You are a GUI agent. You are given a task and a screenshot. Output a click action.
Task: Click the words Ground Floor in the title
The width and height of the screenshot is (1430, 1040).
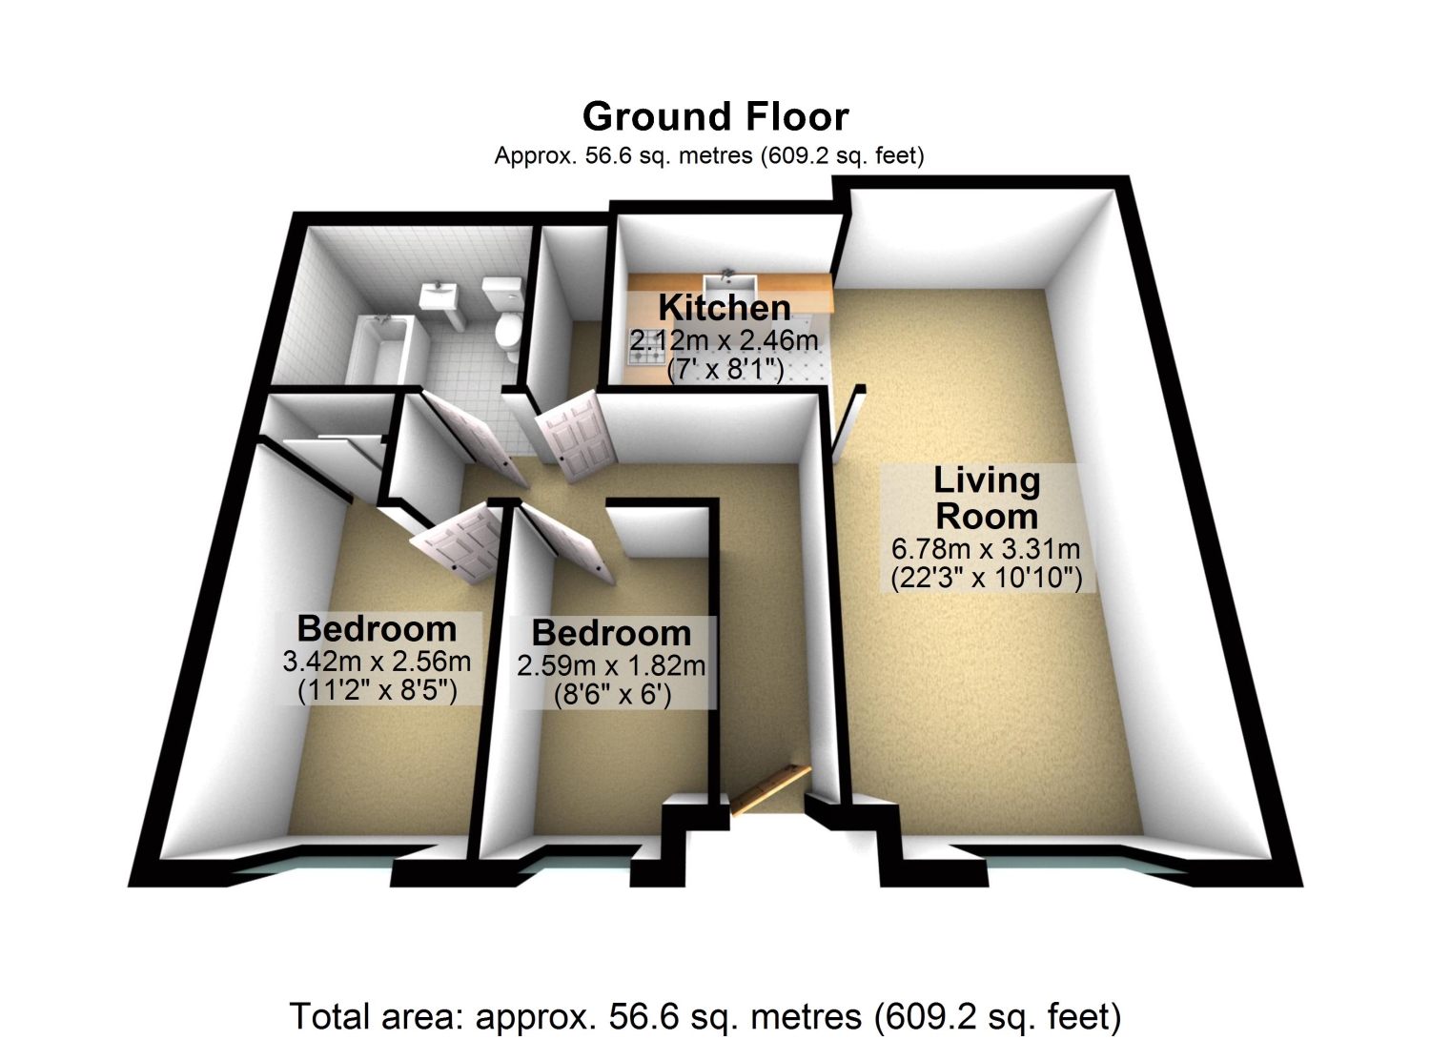(x=715, y=117)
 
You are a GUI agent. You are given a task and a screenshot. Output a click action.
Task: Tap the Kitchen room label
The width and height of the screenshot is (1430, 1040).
(x=725, y=308)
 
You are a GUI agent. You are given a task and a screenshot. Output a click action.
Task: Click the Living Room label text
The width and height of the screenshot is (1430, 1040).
(x=987, y=498)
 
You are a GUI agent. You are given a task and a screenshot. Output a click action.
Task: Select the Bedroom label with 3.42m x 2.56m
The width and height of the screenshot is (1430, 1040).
(x=377, y=629)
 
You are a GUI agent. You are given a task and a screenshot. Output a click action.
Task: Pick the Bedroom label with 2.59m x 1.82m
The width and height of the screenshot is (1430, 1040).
(x=612, y=633)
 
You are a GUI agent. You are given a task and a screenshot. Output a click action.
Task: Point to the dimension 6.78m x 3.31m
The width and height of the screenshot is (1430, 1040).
(x=986, y=548)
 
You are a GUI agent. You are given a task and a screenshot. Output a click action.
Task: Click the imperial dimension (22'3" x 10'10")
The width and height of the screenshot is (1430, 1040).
(x=987, y=579)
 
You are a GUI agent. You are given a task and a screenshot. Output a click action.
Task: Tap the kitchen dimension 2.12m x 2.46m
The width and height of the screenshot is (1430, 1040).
(x=724, y=340)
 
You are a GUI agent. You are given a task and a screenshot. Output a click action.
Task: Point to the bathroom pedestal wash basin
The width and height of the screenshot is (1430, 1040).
(x=439, y=305)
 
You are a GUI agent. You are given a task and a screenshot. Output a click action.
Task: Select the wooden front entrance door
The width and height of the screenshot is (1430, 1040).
(x=770, y=789)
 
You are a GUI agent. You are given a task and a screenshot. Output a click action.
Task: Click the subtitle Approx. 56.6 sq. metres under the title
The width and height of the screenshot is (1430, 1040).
(x=709, y=155)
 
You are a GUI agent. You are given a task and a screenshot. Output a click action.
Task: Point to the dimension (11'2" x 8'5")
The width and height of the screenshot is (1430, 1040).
(x=378, y=690)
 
